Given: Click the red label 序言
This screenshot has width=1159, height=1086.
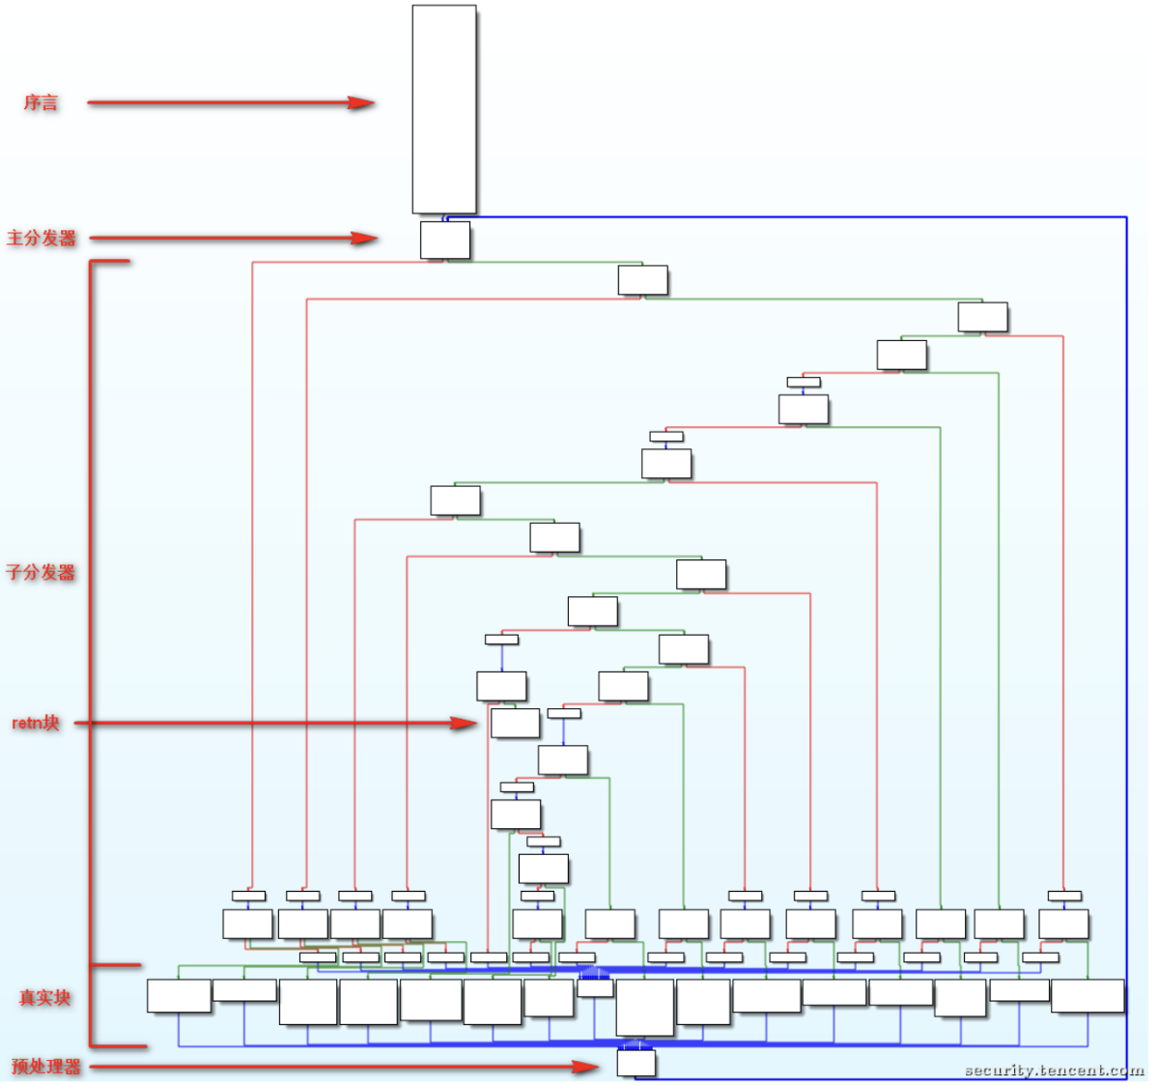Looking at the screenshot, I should click(41, 102).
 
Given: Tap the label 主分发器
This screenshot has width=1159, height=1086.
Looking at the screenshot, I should click(42, 238).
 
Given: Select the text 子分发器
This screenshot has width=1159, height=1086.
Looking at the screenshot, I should click(41, 572).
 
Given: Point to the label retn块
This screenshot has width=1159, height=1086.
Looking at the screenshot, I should click(36, 723).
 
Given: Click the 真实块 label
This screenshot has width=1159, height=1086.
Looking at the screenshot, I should click(44, 997).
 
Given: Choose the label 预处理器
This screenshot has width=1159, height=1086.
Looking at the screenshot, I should click(45, 1067).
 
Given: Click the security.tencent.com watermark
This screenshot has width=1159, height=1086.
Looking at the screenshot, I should click(1054, 1070).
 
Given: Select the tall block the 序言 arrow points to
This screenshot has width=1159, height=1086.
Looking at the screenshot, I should click(444, 108).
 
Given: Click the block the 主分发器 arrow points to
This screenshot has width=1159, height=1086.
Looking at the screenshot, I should click(445, 240).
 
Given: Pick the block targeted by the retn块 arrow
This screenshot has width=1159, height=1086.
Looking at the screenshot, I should click(515, 723).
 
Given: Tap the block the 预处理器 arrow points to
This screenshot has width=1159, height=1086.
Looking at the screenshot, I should click(636, 1063).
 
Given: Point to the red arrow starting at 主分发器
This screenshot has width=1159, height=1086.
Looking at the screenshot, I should click(232, 238).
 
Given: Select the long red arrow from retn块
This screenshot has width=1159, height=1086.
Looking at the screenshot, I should click(270, 723).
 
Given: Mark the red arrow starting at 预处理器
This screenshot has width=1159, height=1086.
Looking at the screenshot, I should click(338, 1067).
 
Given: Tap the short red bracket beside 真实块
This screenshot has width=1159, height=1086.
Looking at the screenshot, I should click(92, 1005).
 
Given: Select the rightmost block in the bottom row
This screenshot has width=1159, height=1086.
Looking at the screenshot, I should click(1088, 996).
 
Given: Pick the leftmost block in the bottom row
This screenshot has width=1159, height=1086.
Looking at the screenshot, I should click(179, 996).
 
